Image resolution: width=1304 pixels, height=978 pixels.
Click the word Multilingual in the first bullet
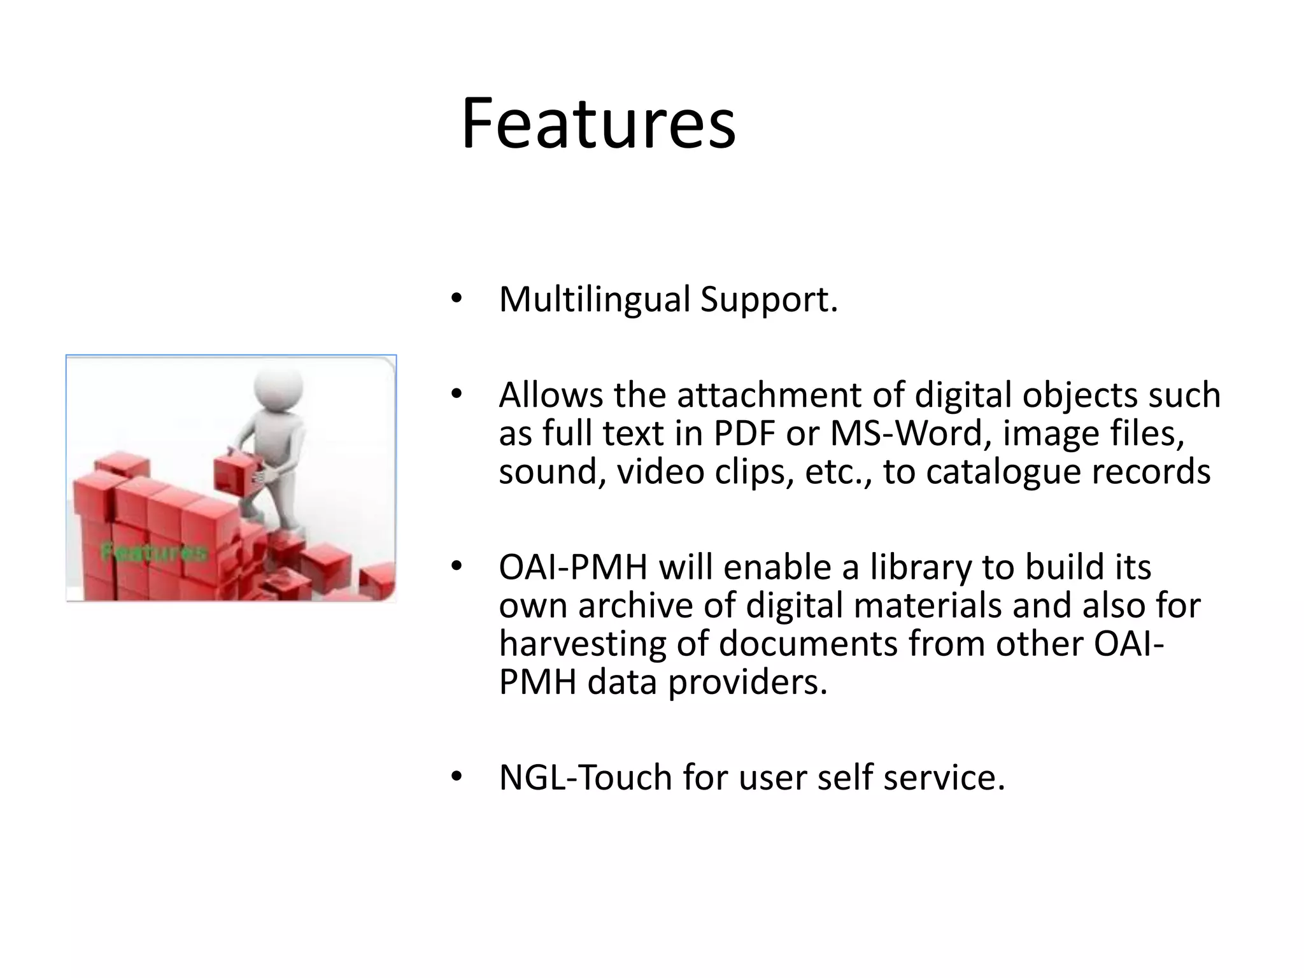[594, 299]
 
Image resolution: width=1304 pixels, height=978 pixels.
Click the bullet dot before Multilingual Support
[455, 299]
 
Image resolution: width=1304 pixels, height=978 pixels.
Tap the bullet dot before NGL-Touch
[455, 777]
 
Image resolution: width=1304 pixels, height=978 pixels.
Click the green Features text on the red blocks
[154, 551]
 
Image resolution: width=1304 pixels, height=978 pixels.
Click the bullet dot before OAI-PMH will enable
[455, 567]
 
